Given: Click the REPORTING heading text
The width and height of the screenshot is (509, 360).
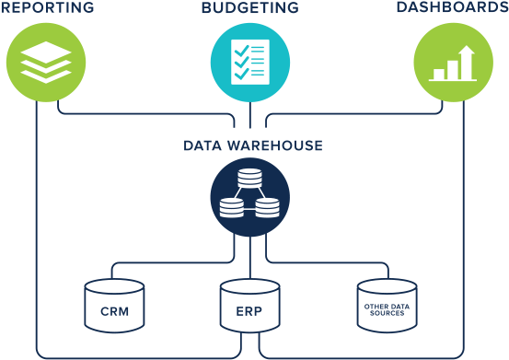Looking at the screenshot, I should pos(47,8).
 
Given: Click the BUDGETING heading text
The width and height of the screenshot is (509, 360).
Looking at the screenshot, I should pos(249,8).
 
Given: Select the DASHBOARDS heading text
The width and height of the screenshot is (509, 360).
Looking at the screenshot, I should pos(452,8).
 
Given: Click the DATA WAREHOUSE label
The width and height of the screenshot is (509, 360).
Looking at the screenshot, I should pos(252,145).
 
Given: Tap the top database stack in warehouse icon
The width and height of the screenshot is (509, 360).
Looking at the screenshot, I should pos(249,178).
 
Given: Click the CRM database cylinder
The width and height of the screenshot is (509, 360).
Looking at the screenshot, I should pos(114,306).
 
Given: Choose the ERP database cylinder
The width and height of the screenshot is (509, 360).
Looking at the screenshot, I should pos(249,306).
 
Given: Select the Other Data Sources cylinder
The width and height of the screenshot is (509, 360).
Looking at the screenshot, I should pos(386,306).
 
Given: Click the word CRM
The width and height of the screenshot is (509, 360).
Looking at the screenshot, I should pos(114,311).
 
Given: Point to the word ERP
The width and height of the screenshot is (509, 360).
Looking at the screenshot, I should pos(249,311).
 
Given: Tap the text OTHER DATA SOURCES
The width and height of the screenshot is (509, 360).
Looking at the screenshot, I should pos(386,311).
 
